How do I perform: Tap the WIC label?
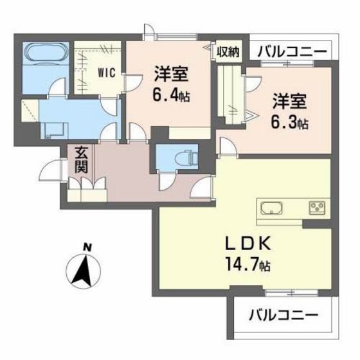107,72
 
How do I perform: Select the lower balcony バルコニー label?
282,316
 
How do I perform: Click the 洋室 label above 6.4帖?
170,73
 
